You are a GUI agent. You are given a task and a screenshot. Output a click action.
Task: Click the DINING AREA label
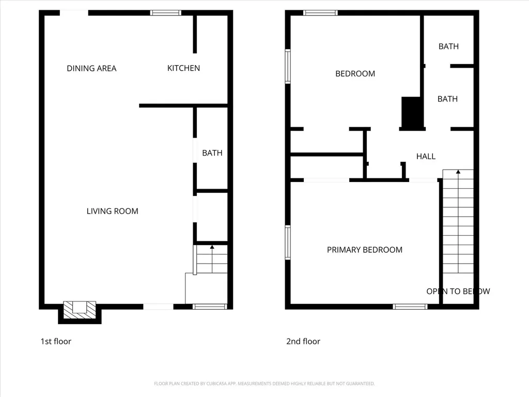(91, 69)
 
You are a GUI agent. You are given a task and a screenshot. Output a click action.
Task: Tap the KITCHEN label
(183, 68)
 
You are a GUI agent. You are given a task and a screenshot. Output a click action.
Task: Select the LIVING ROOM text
(112, 211)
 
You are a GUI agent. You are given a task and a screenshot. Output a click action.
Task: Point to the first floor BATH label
(212, 153)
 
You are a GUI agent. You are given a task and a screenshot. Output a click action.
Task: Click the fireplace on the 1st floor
(80, 310)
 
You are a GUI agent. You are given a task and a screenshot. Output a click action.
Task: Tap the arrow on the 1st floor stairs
(212, 259)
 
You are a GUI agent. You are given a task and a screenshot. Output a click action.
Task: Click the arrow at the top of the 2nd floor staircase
(458, 221)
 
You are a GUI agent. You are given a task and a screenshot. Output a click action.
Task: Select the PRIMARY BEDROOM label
(365, 250)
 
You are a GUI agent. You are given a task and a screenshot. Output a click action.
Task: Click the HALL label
(426, 156)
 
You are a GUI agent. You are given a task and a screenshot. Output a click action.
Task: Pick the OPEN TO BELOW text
(458, 292)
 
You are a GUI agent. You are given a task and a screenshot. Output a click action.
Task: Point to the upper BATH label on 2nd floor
(449, 47)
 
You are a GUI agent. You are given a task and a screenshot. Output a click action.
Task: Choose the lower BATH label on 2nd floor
(448, 99)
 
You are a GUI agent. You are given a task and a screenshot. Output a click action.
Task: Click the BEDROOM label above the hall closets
(355, 74)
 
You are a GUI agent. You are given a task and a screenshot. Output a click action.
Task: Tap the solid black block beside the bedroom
(411, 112)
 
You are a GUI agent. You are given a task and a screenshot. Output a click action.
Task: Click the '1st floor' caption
(56, 341)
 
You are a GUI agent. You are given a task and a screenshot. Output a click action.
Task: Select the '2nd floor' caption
(303, 341)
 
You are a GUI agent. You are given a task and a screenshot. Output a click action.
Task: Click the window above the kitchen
(166, 13)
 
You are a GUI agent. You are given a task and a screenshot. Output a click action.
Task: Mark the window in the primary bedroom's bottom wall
(410, 307)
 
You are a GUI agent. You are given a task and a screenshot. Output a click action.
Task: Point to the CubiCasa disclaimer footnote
(264, 384)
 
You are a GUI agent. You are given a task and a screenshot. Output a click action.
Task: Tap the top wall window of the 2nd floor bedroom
(320, 13)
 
